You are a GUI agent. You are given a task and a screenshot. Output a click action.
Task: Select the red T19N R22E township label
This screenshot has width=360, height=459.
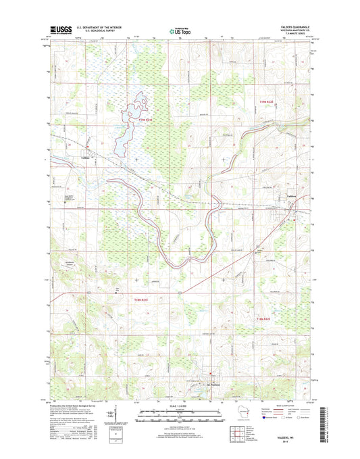(271, 101)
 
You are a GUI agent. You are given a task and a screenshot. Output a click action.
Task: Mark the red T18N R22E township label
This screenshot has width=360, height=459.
(265, 319)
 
